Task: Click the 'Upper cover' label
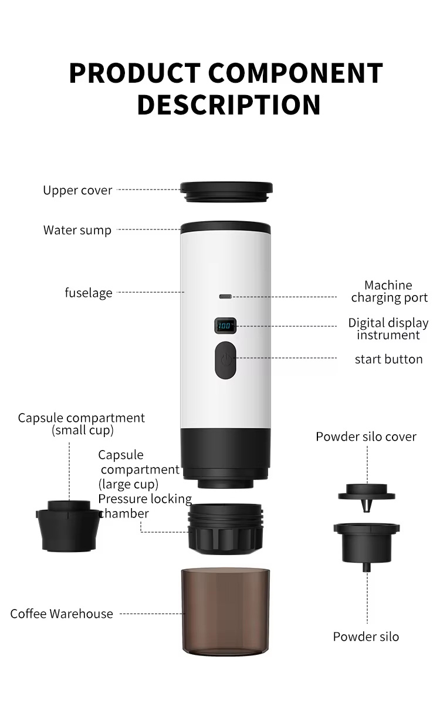tap(77, 190)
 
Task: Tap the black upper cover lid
tap(226, 191)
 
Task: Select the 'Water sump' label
tap(77, 230)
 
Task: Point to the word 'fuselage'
tap(89, 293)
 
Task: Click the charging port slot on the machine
tap(225, 297)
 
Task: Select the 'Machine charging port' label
tap(389, 291)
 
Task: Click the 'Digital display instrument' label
tap(388, 329)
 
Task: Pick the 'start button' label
tap(389, 359)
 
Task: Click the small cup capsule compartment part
tap(68, 526)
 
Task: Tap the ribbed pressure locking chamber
tap(226, 529)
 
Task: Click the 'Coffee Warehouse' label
tap(62, 614)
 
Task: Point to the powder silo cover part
tap(367, 498)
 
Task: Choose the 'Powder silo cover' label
tap(366, 437)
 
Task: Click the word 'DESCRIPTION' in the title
tap(229, 104)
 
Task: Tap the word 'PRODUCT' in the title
tap(135, 73)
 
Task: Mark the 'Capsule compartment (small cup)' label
tap(82, 424)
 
